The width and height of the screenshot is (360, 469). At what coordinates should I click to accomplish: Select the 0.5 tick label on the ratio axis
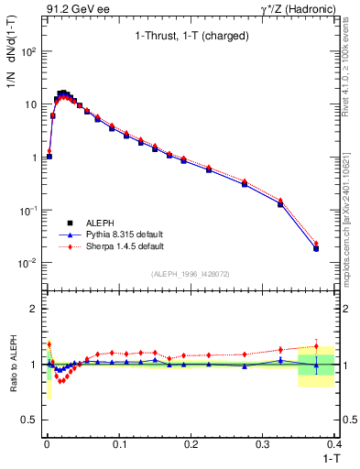point(31,420)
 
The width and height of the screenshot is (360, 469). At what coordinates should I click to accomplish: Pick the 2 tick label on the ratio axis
point(35,309)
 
